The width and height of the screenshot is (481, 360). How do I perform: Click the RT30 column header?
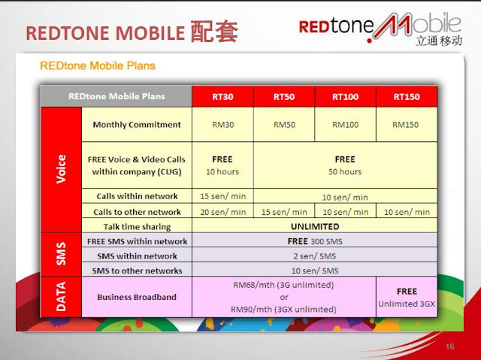coord(222,97)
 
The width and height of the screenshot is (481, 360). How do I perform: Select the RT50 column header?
coord(283,97)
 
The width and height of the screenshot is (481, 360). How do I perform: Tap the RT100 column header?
coord(345,97)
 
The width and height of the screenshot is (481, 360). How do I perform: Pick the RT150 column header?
coord(406,97)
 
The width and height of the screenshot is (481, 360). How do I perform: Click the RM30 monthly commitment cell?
coord(222,125)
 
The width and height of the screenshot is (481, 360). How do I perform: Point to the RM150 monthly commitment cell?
coord(406,125)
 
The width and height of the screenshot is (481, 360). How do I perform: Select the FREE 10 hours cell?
coord(222,165)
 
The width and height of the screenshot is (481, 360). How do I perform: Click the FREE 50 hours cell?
coord(345,165)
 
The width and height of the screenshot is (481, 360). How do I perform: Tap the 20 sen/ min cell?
coord(222,212)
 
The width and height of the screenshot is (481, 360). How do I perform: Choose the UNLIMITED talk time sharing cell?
coord(314,226)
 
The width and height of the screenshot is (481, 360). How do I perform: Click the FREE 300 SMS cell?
coord(314,241)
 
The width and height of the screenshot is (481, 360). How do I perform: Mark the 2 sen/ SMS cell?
coord(314,256)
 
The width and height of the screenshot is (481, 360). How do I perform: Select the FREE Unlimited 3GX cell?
coord(407,297)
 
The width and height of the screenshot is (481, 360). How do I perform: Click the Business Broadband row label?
coord(137,297)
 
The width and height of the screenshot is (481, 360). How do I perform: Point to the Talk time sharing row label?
coord(137,226)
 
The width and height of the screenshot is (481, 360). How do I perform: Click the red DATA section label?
coord(62,297)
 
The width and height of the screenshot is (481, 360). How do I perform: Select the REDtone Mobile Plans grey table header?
coord(116,97)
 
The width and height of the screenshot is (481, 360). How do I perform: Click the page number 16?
coord(450,346)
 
